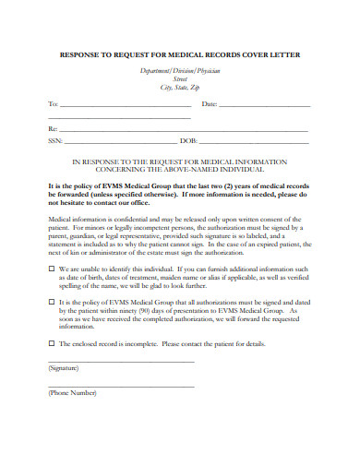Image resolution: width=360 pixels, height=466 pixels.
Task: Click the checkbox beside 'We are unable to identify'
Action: click(x=51, y=269)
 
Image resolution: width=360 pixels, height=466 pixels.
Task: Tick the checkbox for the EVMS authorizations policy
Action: click(x=51, y=302)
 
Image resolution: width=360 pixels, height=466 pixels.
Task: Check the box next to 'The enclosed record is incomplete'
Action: click(x=51, y=343)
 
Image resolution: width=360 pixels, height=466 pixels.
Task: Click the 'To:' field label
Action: click(x=52, y=104)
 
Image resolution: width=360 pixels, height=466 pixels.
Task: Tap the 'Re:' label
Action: click(x=52, y=128)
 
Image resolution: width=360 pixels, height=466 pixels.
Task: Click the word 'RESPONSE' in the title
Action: click(x=81, y=55)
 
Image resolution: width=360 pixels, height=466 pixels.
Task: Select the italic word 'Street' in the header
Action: click(x=179, y=78)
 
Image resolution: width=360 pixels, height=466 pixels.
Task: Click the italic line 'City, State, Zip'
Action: click(x=179, y=87)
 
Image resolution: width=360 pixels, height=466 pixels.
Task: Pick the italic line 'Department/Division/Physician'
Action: click(x=179, y=70)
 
